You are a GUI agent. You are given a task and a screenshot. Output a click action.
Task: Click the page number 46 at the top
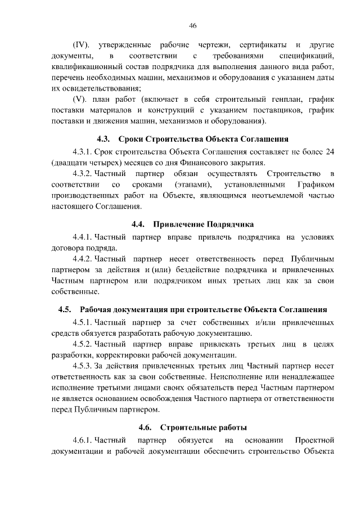pyautogui.click(x=193, y=25)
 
